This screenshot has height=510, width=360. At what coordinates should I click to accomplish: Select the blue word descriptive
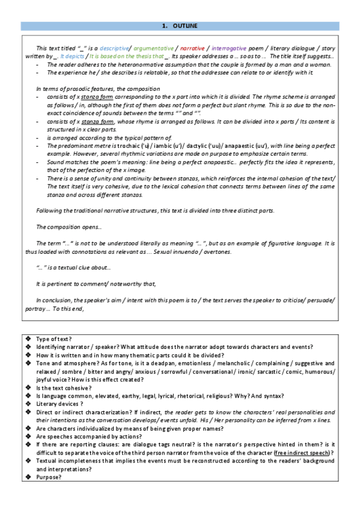114,48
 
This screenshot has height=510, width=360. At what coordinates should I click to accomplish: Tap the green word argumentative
153,48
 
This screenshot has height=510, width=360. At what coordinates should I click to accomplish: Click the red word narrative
193,48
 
